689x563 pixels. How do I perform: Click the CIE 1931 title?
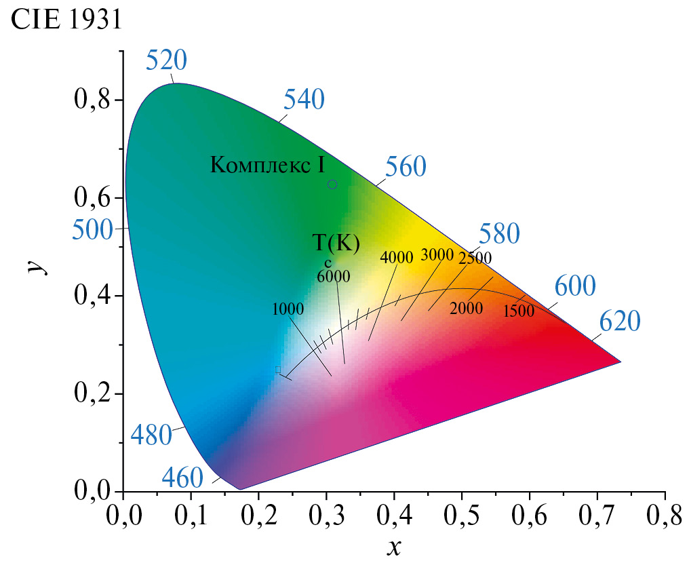[x=66, y=20]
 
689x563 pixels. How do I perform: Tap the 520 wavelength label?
[x=166, y=62]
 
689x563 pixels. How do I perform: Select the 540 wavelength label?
[x=304, y=100]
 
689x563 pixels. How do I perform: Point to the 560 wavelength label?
[x=406, y=166]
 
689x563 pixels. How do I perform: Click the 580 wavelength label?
[x=499, y=234]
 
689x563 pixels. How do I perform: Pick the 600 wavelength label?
[x=575, y=286]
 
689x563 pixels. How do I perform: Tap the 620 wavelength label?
[x=619, y=322]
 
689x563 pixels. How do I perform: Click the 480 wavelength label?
[x=151, y=434]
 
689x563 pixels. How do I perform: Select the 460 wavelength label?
[x=182, y=479]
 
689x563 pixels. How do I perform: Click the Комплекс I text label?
[x=268, y=164]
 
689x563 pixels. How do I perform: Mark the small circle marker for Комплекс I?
[x=332, y=185]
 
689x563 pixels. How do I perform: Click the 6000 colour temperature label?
[x=333, y=276]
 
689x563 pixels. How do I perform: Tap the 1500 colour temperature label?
[x=519, y=311]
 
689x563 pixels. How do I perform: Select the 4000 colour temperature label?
[x=397, y=257]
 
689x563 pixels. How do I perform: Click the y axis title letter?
[x=34, y=264]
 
